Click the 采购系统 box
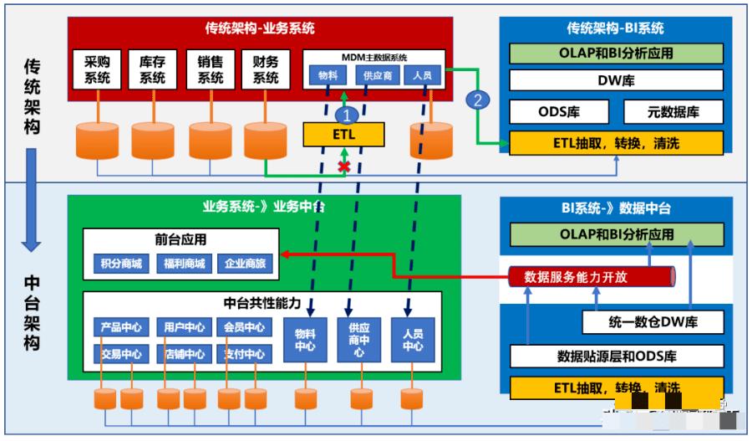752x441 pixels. coord(98,69)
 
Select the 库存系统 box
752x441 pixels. coord(152,69)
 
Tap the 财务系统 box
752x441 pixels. coord(265,69)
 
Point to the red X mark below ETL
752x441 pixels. coord(343,167)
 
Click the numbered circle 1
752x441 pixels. coord(344,111)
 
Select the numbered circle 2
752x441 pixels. coord(477,100)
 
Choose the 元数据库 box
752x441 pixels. coord(673,112)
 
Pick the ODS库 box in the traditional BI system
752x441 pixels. coord(559,112)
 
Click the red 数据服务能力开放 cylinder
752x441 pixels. coord(590,275)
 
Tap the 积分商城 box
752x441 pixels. coord(121,264)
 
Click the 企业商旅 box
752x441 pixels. coord(246,264)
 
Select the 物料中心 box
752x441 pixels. coord(305,340)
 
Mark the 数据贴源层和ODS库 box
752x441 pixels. coord(616,356)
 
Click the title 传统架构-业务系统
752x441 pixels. coord(260,28)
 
